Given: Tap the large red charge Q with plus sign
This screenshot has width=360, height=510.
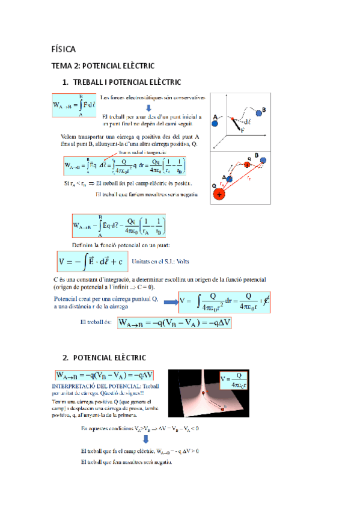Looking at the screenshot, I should pyautogui.click(x=219, y=194).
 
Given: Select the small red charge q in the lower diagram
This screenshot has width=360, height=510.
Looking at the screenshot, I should pyautogui.click(x=246, y=165).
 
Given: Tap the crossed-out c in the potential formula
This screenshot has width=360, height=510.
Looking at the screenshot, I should pyautogui.click(x=265, y=302).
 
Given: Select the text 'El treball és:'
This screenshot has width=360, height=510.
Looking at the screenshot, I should pyautogui.click(x=96, y=322).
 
